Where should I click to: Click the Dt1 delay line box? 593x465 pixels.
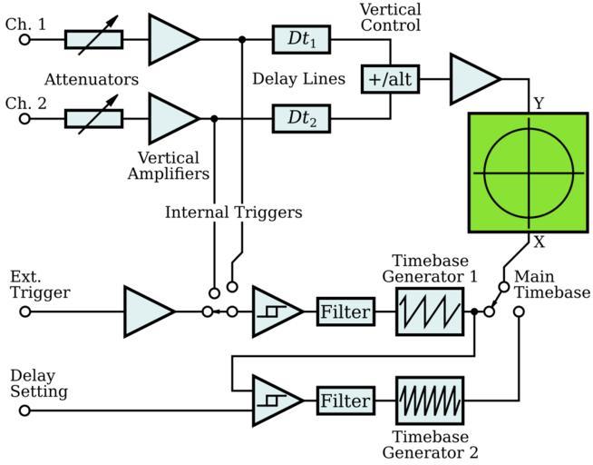coord(302,40)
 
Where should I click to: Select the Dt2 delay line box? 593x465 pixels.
coord(302,117)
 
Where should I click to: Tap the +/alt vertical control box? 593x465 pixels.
coord(390,78)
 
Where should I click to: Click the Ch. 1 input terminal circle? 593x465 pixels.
coord(25,40)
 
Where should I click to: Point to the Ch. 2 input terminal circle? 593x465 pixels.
coord(25,117)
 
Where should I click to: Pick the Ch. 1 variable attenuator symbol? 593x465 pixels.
coord(94,40)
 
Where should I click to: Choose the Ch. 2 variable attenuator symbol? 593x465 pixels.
coord(94,117)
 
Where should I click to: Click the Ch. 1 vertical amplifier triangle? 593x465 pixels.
coord(172,40)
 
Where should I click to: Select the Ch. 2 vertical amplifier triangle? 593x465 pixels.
coord(172,117)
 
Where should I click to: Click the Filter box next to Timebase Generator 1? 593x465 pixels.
coord(345,312)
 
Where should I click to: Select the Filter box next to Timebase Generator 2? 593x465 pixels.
coord(345,401)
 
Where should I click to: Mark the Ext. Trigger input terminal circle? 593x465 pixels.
coord(25,312)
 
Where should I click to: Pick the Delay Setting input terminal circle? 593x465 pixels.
coord(25,410)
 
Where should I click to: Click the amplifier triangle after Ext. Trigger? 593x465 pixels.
coord(148,312)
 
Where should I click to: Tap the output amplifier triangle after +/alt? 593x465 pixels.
coord(473,78)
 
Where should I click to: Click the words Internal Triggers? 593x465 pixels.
coord(233,213)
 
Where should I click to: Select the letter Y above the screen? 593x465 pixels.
coord(539,104)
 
